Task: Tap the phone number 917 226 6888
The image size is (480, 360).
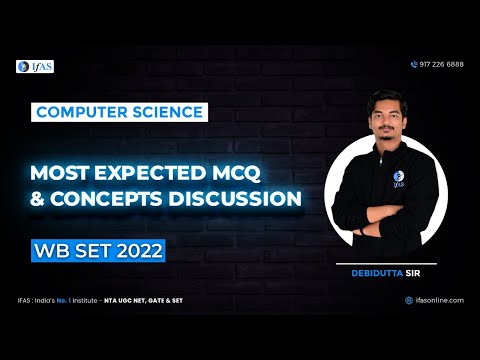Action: tap(442, 64)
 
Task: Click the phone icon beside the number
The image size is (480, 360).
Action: tap(414, 64)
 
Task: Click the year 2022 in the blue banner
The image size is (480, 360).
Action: tap(131, 246)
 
